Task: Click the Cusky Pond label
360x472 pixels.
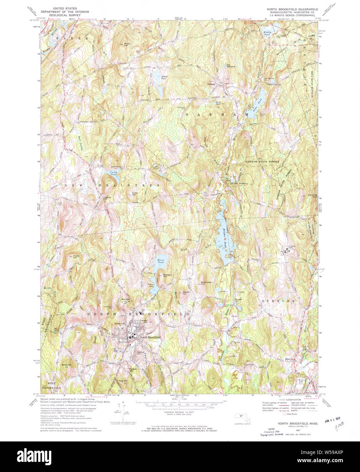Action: click(x=113, y=173)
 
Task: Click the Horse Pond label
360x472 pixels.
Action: click(x=160, y=261)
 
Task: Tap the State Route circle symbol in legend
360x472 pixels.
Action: click(x=285, y=414)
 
